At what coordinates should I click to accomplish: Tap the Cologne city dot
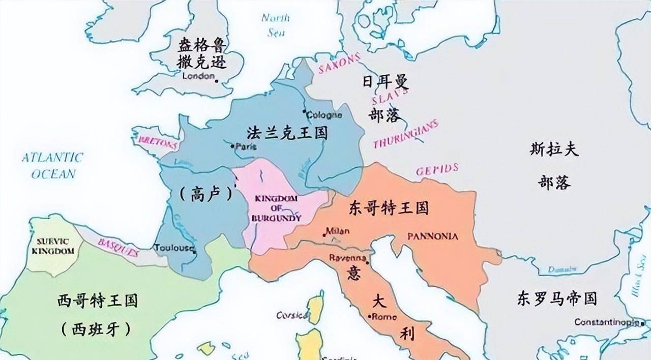point(304,111)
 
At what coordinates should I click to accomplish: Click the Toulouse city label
point(174,248)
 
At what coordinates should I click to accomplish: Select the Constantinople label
point(606,322)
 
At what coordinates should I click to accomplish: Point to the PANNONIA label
point(433,236)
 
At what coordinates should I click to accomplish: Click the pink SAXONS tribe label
point(339,64)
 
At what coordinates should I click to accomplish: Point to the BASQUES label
point(117,247)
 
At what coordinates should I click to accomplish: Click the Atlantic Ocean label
point(53,165)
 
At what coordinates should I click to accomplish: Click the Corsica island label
point(292,315)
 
